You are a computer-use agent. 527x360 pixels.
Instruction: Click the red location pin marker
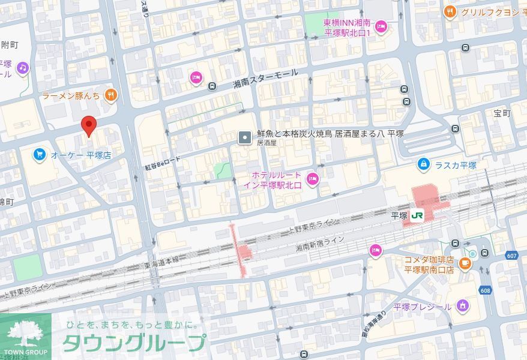click(89, 126)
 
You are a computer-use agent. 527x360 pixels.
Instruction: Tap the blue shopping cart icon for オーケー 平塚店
click(39, 155)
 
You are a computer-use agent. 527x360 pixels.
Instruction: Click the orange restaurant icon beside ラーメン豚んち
click(110, 95)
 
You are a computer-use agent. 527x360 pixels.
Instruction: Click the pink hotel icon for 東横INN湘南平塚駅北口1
click(381, 26)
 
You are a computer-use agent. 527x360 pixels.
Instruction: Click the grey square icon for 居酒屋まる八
click(245, 137)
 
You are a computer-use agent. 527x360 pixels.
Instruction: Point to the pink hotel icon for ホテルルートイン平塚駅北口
click(312, 178)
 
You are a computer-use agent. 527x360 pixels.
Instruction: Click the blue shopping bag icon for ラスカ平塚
click(424, 164)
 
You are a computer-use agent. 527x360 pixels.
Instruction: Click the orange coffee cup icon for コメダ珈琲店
click(465, 263)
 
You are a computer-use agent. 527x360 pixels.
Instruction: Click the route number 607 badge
click(511, 256)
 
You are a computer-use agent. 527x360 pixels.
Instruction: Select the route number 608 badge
click(484, 290)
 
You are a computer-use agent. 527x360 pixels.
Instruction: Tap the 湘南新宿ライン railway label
click(320, 244)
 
